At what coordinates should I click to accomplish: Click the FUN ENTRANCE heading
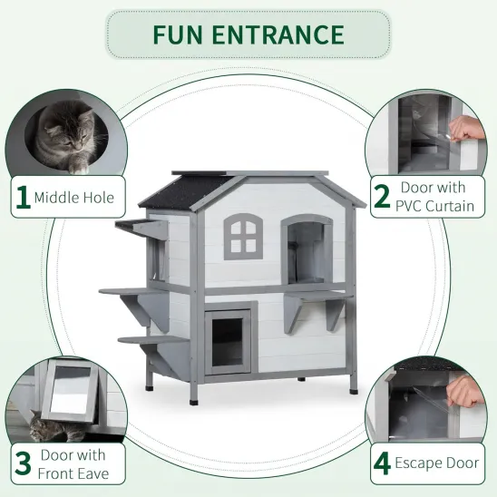click(x=248, y=34)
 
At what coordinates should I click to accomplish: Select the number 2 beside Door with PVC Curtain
click(x=383, y=197)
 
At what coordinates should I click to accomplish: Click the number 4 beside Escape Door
click(x=383, y=463)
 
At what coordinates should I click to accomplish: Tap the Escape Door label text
click(x=438, y=463)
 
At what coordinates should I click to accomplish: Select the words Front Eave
click(x=73, y=473)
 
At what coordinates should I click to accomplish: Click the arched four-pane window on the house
click(x=241, y=235)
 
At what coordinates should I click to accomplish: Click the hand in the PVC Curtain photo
click(x=468, y=130)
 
